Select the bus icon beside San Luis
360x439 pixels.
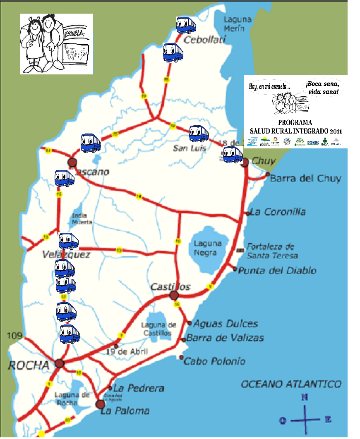[199, 134]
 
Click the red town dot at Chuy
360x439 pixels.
[245, 162]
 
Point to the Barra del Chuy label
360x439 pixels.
[305, 179]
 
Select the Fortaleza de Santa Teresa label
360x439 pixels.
[271, 251]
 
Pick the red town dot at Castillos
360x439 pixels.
[173, 296]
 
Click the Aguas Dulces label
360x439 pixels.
[226, 324]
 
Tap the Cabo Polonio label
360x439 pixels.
[214, 361]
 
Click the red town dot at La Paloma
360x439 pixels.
[100, 404]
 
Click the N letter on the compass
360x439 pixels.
[305, 398]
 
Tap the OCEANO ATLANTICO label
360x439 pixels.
[291, 384]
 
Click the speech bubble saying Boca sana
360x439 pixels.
[322, 88]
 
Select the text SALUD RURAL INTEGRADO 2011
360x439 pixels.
[295, 131]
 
